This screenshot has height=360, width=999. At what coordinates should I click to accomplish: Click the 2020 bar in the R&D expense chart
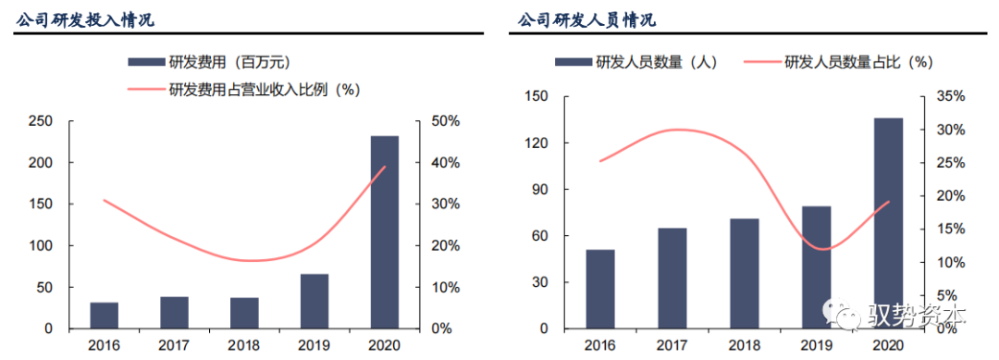(384, 232)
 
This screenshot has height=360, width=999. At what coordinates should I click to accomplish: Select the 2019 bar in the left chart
(314, 301)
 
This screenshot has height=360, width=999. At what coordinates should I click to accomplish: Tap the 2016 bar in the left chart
(105, 316)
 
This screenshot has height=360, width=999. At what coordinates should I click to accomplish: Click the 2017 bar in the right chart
(672, 278)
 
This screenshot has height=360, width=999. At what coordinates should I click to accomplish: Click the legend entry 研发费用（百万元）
(209, 62)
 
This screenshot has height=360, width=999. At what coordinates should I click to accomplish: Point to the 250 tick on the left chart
(39, 121)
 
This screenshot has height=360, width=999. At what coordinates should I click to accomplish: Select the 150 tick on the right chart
(536, 96)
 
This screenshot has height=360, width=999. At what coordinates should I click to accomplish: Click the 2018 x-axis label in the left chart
(244, 344)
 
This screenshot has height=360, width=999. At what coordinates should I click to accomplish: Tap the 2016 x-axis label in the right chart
(601, 344)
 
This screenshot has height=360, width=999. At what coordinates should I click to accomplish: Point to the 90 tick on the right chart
(540, 190)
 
